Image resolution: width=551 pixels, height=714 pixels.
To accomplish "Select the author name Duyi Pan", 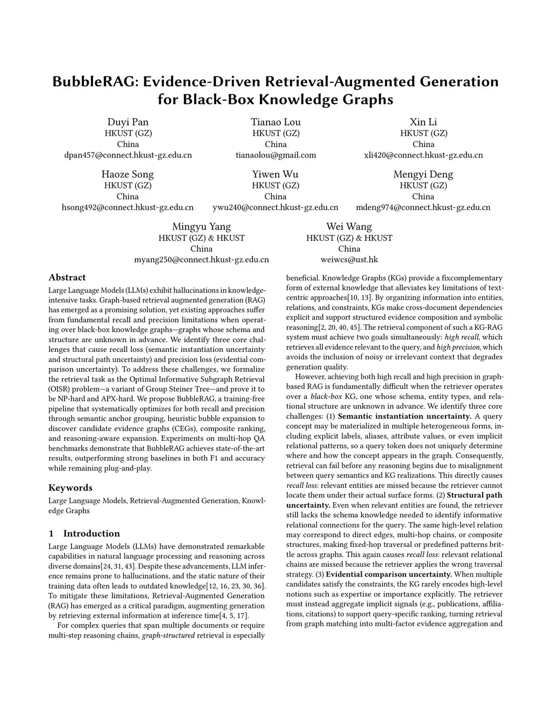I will coord(128,122).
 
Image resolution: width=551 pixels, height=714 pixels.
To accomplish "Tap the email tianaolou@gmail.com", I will coord(275,155).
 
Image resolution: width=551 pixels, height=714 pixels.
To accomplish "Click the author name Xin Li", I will coord(423,122).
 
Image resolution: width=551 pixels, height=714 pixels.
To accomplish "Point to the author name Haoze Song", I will coord(128,174).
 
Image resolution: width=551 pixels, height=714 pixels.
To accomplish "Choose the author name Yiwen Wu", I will coord(275,174).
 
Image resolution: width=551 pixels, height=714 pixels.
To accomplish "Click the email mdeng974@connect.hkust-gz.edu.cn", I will coord(423,207).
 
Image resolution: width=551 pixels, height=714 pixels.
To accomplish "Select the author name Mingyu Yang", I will coord(201,226).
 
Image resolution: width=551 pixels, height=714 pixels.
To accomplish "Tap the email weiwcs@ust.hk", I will coord(349,260).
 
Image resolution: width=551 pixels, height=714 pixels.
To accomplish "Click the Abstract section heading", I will coord(67,278).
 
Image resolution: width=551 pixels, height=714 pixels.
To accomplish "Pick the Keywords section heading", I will coord(70,488).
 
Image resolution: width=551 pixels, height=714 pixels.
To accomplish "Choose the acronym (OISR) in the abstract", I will coord(60,389).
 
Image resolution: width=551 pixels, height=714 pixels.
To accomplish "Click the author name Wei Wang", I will coord(349,226).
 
